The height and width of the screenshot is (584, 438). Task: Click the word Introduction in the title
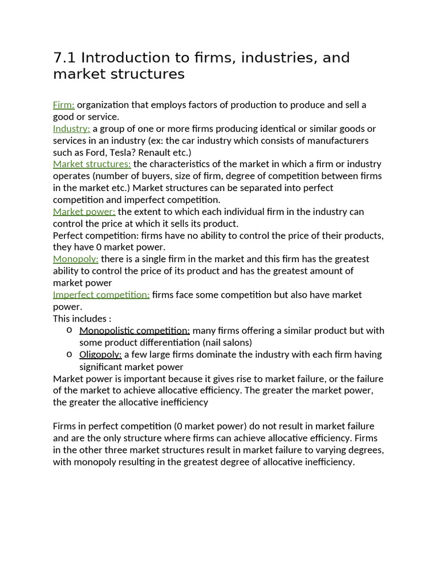tap(125, 58)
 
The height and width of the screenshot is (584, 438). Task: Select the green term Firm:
tap(64, 105)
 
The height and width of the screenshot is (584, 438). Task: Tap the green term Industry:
tap(71, 129)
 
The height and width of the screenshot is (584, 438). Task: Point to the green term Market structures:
tap(92, 164)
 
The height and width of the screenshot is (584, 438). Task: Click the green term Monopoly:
tap(75, 259)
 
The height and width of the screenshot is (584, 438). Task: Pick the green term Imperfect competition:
tap(101, 295)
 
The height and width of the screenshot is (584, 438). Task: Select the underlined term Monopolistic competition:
tap(135, 331)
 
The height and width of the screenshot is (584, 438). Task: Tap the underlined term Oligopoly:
tap(100, 355)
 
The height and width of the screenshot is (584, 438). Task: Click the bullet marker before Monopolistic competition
tap(68, 330)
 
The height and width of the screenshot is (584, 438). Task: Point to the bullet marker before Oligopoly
tap(68, 354)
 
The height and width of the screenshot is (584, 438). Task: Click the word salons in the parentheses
tap(235, 343)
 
